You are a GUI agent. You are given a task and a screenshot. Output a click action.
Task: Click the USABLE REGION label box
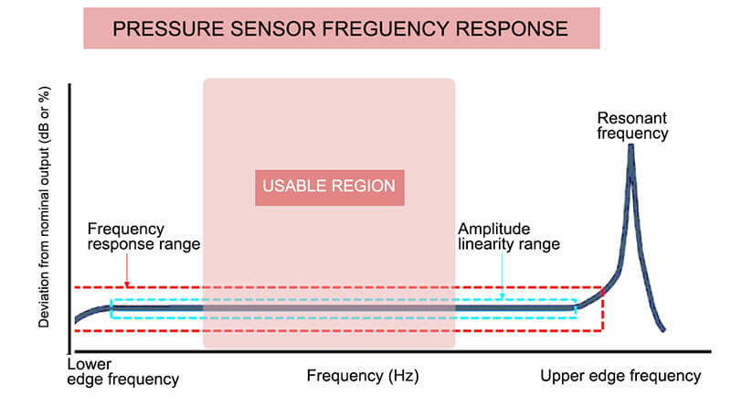click(x=329, y=187)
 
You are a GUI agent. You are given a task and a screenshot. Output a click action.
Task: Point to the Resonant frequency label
click(x=632, y=126)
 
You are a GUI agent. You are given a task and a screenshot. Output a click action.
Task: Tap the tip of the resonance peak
click(x=630, y=146)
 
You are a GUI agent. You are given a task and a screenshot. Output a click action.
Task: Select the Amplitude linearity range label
click(x=509, y=236)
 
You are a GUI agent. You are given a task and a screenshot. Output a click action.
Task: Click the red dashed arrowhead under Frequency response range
click(x=129, y=284)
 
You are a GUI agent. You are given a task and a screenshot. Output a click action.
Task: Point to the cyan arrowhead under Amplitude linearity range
click(x=501, y=297)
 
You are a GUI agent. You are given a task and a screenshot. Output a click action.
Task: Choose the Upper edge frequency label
click(x=620, y=375)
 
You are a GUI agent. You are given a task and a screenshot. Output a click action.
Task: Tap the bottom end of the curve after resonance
click(x=662, y=329)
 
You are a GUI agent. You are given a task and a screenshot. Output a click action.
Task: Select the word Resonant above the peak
click(x=632, y=117)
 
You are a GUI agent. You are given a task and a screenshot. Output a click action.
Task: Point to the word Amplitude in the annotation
click(x=493, y=228)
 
